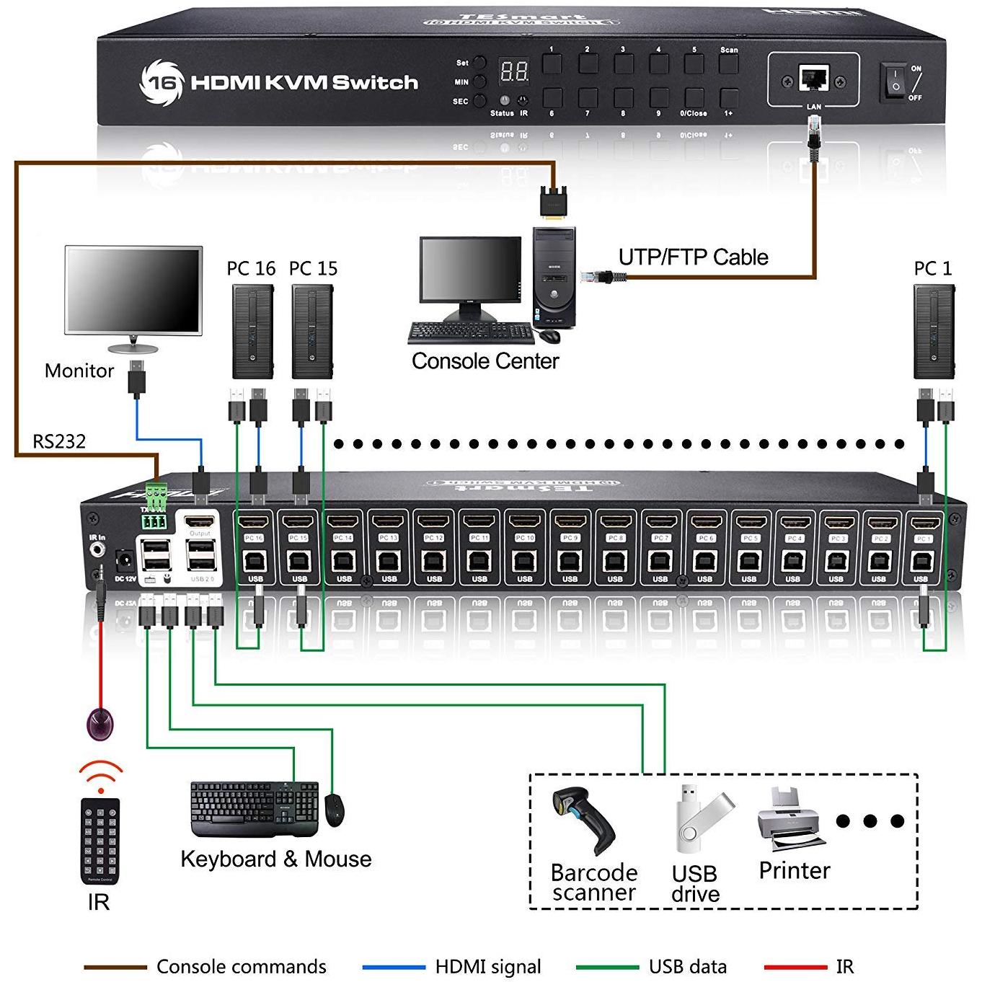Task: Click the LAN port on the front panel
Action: [813, 78]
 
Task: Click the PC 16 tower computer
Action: [252, 331]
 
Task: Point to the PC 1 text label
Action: [932, 269]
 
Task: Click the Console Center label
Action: [485, 361]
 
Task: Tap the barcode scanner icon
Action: [583, 822]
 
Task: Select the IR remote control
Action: [99, 841]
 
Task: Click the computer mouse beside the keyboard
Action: [335, 810]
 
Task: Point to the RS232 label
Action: [59, 441]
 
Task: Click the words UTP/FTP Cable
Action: [693, 257]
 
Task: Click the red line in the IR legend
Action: [795, 967]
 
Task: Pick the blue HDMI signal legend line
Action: [394, 967]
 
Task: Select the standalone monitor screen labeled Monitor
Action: [133, 290]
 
